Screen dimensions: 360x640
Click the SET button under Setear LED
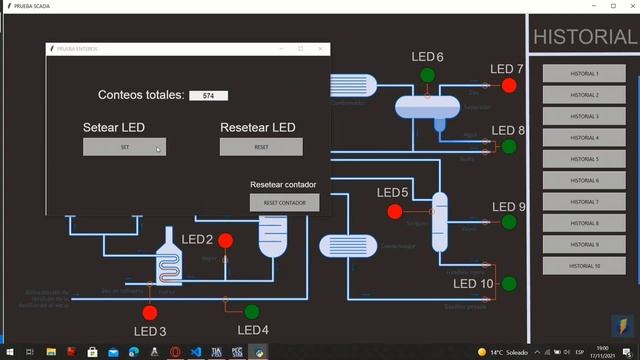coord(124,147)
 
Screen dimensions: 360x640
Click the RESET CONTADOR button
coord(284,202)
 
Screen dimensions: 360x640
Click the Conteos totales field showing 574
coord(208,96)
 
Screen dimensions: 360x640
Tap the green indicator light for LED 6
coord(428,75)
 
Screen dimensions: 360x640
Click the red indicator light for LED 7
coord(509,86)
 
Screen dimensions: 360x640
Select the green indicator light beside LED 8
coord(509,147)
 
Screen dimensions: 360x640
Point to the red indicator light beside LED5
coord(394,211)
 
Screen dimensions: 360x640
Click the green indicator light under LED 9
coord(509,222)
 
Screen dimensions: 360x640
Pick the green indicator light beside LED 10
coord(509,284)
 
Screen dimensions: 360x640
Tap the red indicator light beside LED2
coord(225,240)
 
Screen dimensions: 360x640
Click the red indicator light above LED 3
coord(150,313)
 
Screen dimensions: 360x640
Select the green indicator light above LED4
coord(251,311)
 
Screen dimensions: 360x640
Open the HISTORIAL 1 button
coord(584,74)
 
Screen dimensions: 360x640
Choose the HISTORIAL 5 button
coord(584,159)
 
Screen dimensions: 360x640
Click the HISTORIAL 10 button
coord(584,266)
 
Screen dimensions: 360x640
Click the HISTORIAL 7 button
coord(584,202)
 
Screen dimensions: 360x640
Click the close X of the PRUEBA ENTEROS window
coord(320,48)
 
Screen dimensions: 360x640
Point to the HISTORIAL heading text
coord(584,37)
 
